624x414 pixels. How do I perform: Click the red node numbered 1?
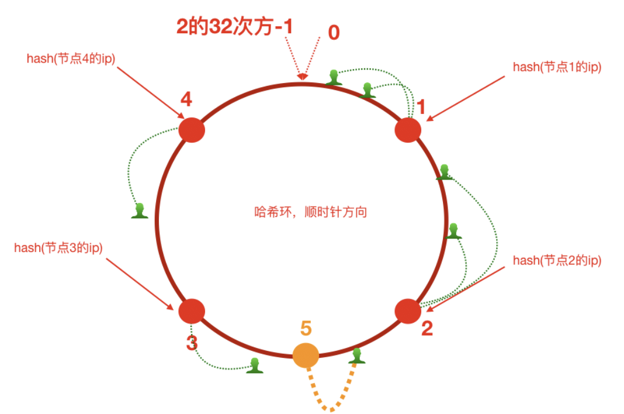click(408, 130)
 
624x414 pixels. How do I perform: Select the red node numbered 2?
click(408, 310)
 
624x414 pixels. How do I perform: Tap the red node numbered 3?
click(191, 310)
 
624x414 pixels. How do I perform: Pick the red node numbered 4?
click(191, 130)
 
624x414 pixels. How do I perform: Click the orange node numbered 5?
click(306, 355)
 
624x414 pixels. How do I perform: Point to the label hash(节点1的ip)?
click(557, 67)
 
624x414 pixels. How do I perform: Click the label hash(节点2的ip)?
click(557, 261)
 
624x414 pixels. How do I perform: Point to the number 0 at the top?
click(334, 32)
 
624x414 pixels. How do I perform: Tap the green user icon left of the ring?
click(139, 211)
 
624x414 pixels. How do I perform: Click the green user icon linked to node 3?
click(254, 365)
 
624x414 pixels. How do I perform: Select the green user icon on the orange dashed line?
click(358, 355)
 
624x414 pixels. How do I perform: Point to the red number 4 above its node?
click(186, 100)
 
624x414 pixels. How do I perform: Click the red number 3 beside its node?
click(191, 343)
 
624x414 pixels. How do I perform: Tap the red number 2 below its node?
click(427, 329)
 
